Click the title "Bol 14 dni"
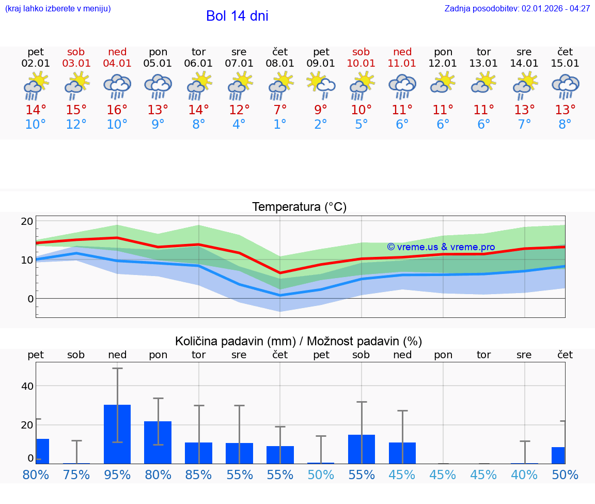click(237, 16)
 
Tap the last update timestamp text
click(517, 8)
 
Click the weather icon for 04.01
click(117, 86)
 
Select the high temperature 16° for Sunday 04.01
click(117, 110)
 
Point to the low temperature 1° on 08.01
click(280, 125)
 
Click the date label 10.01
click(361, 64)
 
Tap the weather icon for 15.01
click(565, 86)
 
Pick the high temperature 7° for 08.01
click(280, 110)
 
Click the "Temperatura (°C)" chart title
click(299, 207)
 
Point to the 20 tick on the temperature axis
click(27, 221)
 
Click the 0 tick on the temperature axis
click(30, 299)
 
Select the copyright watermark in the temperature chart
click(441, 247)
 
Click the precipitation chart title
click(299, 341)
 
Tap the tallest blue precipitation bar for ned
click(117, 434)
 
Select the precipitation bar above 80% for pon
click(158, 442)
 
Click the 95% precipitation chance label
click(117, 475)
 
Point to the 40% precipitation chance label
click(524, 475)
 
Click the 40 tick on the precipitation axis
click(27, 386)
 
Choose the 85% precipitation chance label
click(198, 475)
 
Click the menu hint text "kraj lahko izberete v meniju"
click(58, 8)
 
